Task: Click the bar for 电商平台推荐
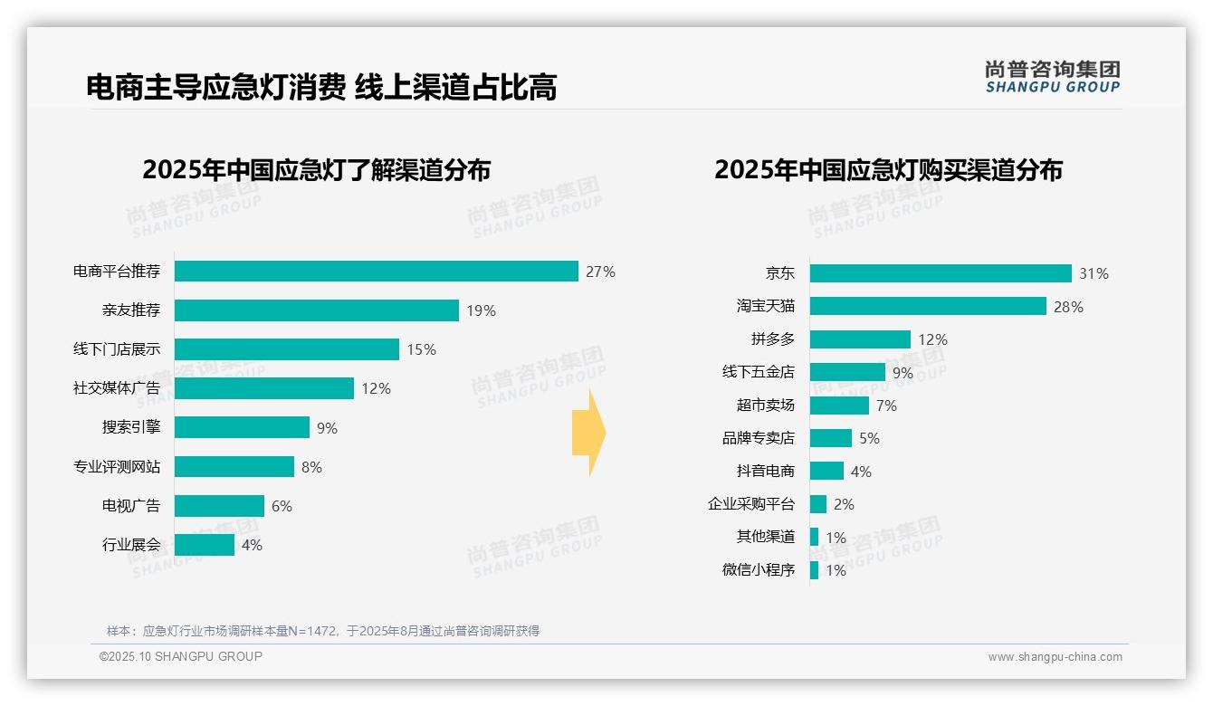point(376,272)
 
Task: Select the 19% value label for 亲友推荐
point(481,310)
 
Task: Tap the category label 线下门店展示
point(117,349)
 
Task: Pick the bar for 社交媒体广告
point(263,388)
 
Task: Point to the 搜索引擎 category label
point(131,427)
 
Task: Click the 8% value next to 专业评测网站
point(311,467)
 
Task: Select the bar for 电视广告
point(219,506)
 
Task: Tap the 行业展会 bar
point(205,545)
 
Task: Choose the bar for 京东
point(941,273)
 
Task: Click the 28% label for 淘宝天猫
point(1068,307)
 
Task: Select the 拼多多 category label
point(772,339)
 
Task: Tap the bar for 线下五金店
point(847,372)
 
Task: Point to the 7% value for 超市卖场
point(886,405)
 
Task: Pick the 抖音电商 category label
point(765,472)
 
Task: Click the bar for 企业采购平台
point(818,504)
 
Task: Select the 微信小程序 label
point(758,570)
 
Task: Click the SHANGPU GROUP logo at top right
point(1052,77)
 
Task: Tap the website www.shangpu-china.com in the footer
point(1055,657)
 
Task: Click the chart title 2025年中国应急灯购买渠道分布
point(888,170)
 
